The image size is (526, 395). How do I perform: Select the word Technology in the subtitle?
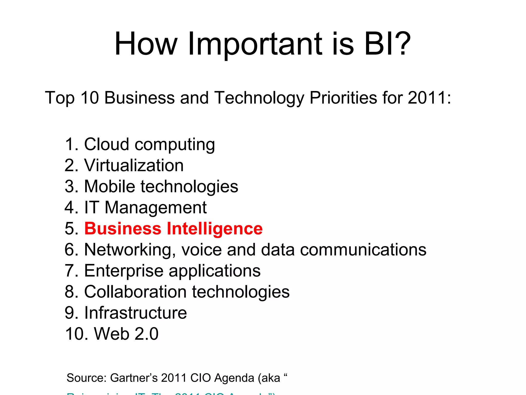click(259, 98)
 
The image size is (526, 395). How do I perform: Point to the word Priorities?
click(343, 98)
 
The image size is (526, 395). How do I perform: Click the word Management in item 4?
click(156, 208)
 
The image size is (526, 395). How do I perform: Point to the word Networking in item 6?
click(130, 250)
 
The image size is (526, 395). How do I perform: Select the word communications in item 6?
click(363, 249)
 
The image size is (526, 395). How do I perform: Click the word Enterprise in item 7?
click(124, 271)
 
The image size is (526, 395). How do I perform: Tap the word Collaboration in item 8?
click(135, 292)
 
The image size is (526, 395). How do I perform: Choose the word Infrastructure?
click(135, 313)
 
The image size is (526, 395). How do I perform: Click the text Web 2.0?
click(126, 334)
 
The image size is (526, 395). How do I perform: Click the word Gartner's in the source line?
click(134, 378)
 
